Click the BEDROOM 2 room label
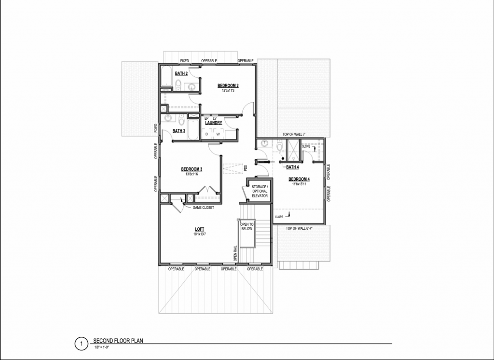(228, 86)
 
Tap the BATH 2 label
(181, 73)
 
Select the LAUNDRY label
(213, 123)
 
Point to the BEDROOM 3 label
(192, 169)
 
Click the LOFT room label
(200, 230)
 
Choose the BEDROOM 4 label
(299, 180)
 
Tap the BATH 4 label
(292, 167)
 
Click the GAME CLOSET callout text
(203, 208)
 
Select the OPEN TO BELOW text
(247, 226)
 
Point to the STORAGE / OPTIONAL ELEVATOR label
(260, 191)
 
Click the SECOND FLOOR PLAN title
(118, 341)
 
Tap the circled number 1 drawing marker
(82, 344)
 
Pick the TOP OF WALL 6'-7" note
(299, 228)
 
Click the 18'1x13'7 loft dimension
(200, 235)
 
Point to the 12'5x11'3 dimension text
(228, 91)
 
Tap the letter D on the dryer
(207, 134)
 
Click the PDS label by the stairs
(246, 168)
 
